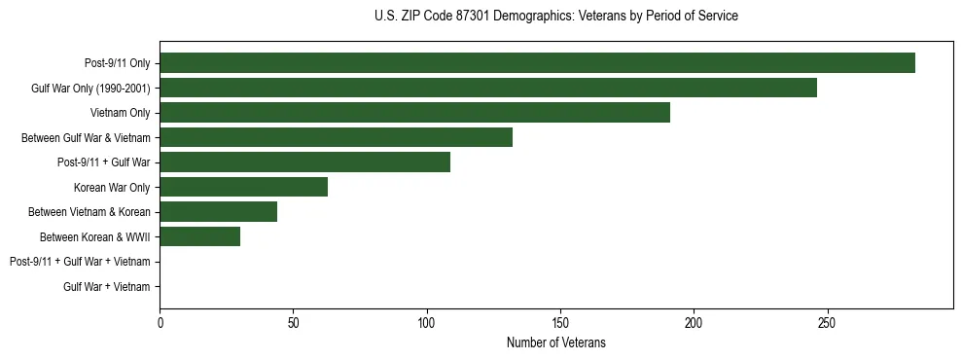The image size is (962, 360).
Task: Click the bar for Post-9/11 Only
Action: coord(537,63)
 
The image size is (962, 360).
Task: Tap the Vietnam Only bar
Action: coord(414,113)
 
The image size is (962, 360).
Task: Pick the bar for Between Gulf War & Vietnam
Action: coord(336,137)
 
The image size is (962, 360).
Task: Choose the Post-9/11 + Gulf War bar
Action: coord(304,162)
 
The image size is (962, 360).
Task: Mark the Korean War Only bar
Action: coord(243,187)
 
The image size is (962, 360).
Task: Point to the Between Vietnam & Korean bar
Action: coord(218,212)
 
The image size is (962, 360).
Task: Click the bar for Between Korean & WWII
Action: coord(199,236)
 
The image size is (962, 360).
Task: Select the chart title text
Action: coord(555,17)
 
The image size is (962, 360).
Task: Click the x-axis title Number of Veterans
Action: coord(555,342)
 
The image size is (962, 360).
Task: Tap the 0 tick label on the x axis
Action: coord(160,322)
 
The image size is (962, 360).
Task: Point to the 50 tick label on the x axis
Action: coord(293,322)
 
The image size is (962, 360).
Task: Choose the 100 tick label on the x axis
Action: coord(426,322)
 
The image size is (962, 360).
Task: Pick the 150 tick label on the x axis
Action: coord(559,322)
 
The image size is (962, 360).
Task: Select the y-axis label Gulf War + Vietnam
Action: coord(107,287)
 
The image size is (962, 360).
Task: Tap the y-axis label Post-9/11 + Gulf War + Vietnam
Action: coord(80,262)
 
